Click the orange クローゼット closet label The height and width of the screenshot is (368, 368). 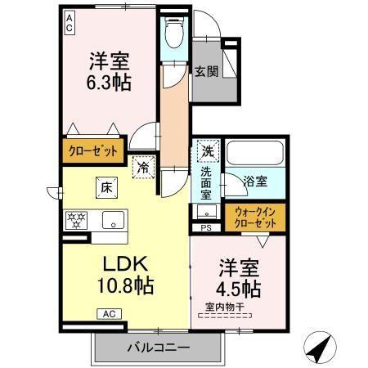[x=92, y=151]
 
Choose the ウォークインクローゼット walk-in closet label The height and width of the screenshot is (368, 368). [x=254, y=217]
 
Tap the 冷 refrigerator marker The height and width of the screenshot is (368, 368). [x=143, y=166]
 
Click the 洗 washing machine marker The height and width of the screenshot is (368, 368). [x=208, y=151]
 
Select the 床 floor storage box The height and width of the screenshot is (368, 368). [x=107, y=186]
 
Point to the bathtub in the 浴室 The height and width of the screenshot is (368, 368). [x=254, y=153]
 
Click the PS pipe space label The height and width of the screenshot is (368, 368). [x=205, y=228]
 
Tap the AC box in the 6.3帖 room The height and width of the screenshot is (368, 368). [x=70, y=22]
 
